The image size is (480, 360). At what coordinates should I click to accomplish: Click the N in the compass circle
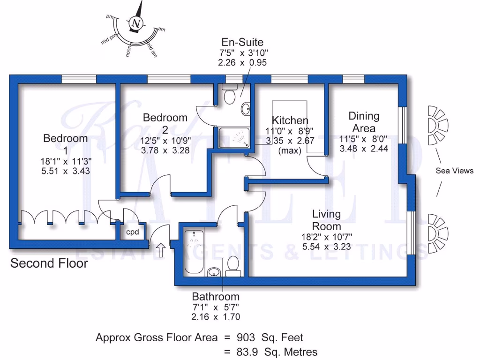click(136, 23)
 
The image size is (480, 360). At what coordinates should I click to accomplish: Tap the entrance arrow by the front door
click(160, 250)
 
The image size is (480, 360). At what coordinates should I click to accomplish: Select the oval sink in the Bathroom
click(214, 271)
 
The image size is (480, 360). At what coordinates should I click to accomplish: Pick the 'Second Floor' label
click(49, 263)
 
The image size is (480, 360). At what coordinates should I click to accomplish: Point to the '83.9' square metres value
click(247, 352)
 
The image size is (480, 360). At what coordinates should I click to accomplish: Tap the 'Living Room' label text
click(327, 219)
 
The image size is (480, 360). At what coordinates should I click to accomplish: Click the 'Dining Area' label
click(364, 122)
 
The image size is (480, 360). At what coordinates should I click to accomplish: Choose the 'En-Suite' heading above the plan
click(242, 43)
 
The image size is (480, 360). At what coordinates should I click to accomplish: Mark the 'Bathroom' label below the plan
click(216, 297)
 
